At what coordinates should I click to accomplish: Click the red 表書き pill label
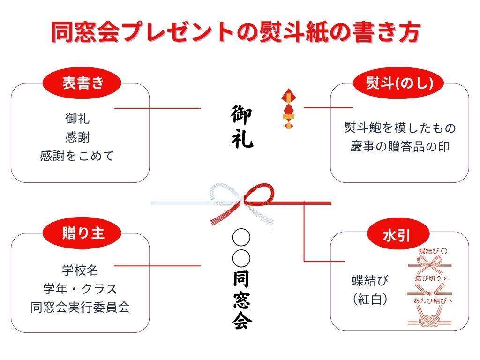tap(82, 83)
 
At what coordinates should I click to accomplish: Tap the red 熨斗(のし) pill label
tap(399, 83)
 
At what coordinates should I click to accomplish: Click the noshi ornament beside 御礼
tap(288, 109)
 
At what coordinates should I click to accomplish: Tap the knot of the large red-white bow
tap(241, 202)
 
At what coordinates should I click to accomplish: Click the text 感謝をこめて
tap(77, 156)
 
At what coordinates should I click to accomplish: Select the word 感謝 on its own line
tap(77, 137)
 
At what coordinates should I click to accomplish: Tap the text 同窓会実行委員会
tap(80, 307)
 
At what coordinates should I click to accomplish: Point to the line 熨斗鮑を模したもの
tap(400, 127)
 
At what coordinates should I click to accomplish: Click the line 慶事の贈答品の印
tap(400, 146)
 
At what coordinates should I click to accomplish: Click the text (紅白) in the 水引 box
tap(370, 299)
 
